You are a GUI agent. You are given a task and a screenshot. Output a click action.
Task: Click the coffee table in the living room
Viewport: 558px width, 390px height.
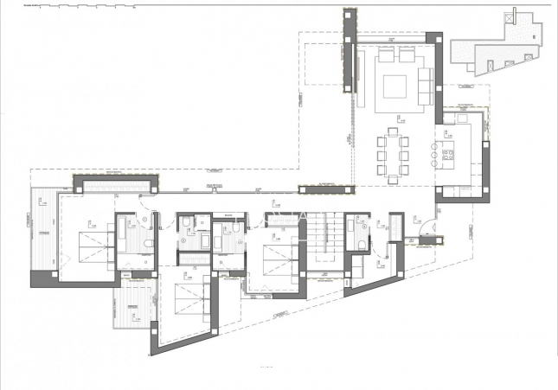click(394, 87)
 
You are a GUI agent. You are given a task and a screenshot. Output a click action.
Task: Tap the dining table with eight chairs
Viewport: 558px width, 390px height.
click(394, 156)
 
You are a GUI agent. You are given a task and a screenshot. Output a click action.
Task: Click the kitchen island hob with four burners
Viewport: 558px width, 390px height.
click(449, 156)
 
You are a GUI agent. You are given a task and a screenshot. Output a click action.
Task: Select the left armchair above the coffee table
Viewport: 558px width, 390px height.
click(386, 56)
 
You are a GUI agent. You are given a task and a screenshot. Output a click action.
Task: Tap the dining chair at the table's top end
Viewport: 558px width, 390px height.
click(394, 131)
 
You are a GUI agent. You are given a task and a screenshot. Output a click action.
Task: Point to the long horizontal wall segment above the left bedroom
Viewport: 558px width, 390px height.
click(116, 183)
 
